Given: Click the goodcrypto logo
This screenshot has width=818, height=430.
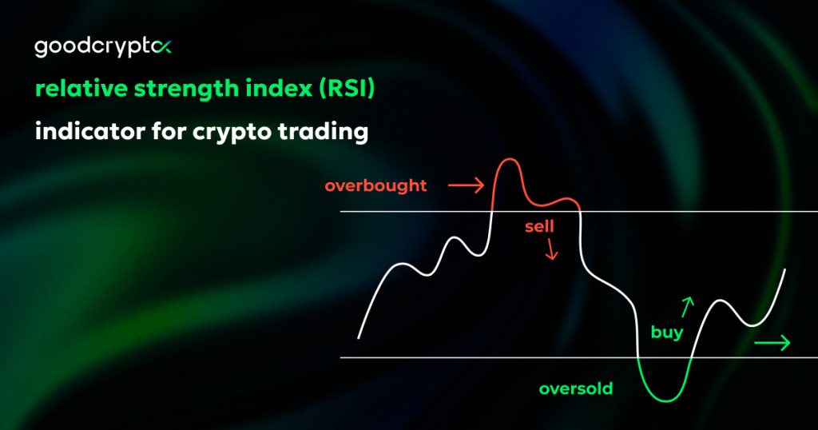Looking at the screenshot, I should pos(102,48).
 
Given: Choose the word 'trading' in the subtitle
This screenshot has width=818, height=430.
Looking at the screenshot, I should pos(323,133).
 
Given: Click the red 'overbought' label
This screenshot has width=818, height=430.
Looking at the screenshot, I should pos(375,186).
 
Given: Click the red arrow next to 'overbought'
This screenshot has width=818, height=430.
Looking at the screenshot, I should pos(466,186).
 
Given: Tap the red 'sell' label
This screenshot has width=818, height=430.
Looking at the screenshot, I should pos(539,227).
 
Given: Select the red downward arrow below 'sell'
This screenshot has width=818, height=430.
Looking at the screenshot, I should pos(551,252).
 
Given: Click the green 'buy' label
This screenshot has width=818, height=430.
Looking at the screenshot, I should pos(666,332).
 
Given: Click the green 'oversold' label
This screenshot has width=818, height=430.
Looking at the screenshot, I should pos(575,389).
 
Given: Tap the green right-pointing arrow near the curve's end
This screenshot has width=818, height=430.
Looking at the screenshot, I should pos(772,343).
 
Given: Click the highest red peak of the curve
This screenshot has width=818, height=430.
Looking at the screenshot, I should pos(506,160).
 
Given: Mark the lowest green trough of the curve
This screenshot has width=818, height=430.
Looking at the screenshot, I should pos(663,400).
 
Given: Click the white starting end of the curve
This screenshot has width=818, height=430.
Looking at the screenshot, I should pos(359,336).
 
